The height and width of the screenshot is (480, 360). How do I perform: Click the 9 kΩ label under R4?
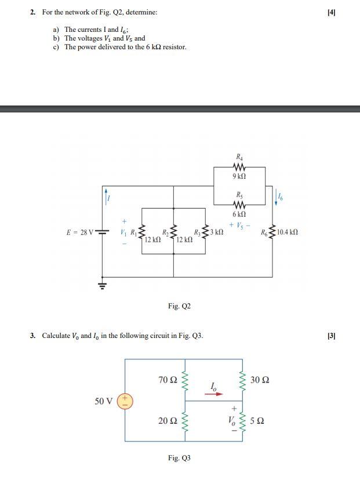239,176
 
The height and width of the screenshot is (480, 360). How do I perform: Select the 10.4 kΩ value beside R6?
288,232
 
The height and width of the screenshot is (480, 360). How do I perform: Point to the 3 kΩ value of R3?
216,232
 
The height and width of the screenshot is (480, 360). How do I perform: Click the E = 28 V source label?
80,232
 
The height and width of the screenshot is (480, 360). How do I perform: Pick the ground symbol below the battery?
103,285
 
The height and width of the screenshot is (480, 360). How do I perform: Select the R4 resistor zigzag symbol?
239,167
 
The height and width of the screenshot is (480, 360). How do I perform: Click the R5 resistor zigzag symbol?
239,205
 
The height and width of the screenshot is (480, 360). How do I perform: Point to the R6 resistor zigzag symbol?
272,232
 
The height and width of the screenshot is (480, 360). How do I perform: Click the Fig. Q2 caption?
179,306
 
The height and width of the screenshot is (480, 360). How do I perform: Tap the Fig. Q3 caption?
179,458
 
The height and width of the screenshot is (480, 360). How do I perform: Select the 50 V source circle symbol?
125,400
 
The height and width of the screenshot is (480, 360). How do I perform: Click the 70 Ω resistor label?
168,380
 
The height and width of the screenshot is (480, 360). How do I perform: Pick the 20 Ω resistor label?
168,420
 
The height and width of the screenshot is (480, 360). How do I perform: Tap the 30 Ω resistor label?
260,380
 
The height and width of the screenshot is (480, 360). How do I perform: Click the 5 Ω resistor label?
257,420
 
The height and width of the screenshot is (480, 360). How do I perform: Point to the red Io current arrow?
214,393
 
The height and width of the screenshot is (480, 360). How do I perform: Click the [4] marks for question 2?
331,12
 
